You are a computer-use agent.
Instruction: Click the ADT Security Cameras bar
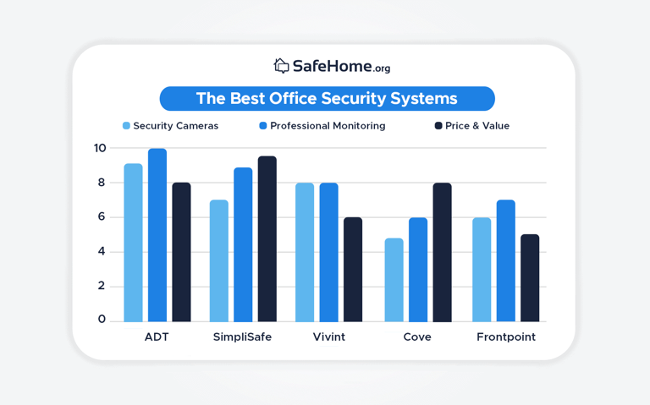(x=133, y=243)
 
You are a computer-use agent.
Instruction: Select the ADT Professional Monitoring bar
(x=157, y=235)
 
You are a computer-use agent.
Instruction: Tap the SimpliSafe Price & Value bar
(x=267, y=239)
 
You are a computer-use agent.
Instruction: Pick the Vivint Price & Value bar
(x=353, y=270)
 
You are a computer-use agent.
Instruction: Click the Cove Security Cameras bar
(x=394, y=280)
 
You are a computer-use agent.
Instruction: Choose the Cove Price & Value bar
(x=442, y=252)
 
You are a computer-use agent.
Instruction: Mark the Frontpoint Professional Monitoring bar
(x=505, y=260)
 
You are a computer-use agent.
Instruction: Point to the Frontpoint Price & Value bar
(x=530, y=278)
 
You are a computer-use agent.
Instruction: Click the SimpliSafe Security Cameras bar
(x=218, y=260)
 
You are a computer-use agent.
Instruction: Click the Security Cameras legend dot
(x=126, y=126)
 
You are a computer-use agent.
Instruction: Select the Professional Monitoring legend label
(x=328, y=126)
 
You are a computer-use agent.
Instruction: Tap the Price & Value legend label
(x=477, y=126)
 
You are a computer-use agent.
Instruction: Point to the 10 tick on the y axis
(x=100, y=148)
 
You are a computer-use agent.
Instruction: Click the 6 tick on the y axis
(x=101, y=216)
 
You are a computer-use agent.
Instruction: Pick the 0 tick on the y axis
(x=102, y=319)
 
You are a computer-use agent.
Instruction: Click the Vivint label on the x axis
(x=328, y=337)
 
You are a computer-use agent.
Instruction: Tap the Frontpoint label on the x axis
(x=506, y=337)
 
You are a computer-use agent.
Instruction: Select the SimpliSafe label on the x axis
(x=242, y=337)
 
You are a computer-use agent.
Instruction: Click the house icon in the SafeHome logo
(x=281, y=65)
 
